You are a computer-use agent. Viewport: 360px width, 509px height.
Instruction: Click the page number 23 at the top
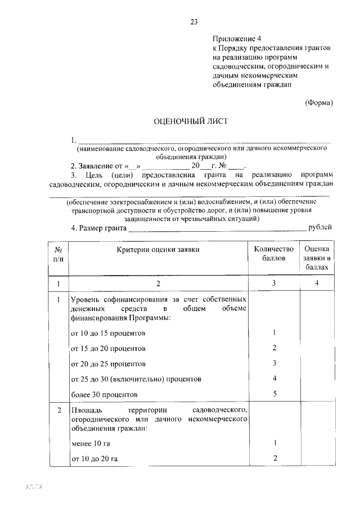coord(193,22)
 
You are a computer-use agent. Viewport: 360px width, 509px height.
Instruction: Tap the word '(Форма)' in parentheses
coord(318,102)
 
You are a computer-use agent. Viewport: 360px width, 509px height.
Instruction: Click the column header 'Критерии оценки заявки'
coord(158,248)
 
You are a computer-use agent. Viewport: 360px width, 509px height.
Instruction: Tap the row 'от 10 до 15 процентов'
coord(105,334)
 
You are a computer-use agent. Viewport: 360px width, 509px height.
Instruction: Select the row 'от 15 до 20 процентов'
coord(105,349)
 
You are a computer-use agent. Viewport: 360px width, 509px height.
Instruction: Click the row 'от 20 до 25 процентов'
coord(105,364)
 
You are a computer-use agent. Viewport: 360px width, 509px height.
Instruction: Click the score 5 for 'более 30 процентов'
coord(274,394)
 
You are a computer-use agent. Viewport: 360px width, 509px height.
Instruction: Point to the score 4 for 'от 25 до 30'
coord(274,379)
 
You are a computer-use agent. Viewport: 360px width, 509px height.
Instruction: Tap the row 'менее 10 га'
coord(91,444)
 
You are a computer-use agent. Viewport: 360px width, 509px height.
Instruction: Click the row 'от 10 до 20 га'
coord(94,459)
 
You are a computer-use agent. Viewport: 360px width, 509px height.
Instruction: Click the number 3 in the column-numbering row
coord(274,283)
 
